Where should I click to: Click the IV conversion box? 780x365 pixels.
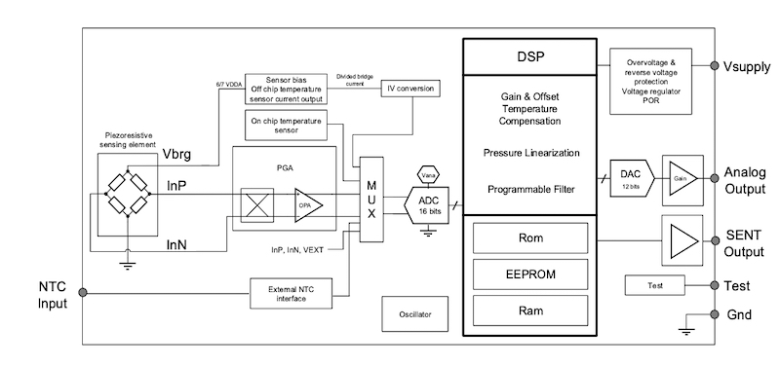pyautogui.click(x=409, y=89)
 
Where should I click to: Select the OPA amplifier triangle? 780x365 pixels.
pyautogui.click(x=306, y=204)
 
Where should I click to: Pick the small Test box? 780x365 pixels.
pyautogui.click(x=654, y=285)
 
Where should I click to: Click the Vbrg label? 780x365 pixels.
pyautogui.click(x=178, y=156)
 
